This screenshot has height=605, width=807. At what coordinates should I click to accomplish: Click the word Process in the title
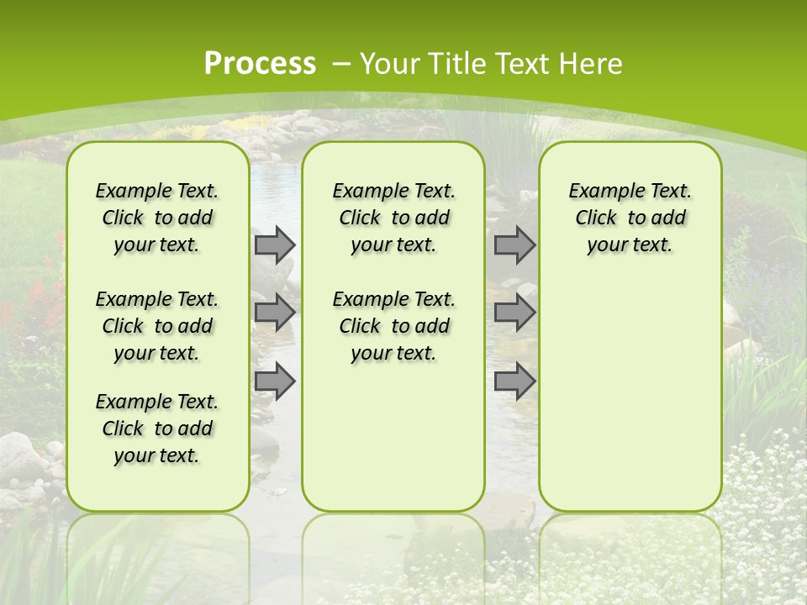[x=260, y=63]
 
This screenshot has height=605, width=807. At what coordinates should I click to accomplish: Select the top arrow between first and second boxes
[x=275, y=245]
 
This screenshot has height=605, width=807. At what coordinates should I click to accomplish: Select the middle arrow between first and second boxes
[x=275, y=313]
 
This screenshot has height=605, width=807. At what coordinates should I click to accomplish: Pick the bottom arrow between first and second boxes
[x=275, y=381]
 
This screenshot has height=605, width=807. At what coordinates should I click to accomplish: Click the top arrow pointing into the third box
[x=514, y=245]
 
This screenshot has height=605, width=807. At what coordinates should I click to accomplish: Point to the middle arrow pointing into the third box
[x=514, y=313]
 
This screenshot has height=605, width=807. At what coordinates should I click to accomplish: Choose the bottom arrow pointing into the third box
[x=514, y=381]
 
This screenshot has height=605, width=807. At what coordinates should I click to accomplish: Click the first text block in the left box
[x=157, y=218]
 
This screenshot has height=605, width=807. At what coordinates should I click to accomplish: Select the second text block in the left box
[x=157, y=326]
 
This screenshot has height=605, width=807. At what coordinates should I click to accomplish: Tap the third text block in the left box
[x=157, y=429]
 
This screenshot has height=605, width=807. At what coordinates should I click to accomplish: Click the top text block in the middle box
[x=393, y=218]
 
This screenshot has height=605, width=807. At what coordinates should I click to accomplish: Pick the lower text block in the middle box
[x=393, y=326]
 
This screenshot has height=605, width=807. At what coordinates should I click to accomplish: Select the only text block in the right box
[x=630, y=218]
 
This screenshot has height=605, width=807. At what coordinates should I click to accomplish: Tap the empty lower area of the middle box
[x=393, y=437]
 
